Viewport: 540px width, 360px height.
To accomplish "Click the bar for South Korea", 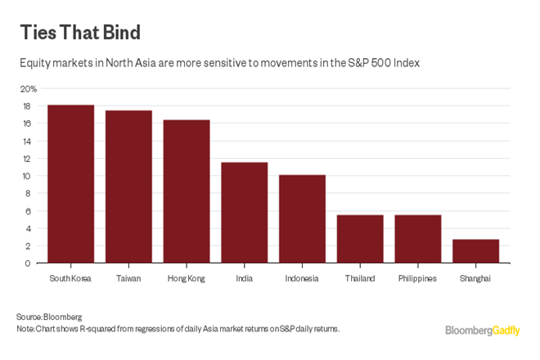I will click(x=70, y=184).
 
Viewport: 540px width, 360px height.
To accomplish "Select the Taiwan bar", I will click(x=128, y=187).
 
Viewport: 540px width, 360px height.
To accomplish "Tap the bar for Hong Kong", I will click(x=187, y=191).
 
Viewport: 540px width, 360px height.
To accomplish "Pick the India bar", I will click(x=245, y=213).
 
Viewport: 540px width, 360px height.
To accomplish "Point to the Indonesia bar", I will click(x=302, y=218).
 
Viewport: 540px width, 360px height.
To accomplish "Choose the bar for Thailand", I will click(x=360, y=239).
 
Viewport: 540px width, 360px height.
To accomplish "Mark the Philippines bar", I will click(x=418, y=239).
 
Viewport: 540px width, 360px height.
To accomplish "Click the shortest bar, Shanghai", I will click(x=475, y=251).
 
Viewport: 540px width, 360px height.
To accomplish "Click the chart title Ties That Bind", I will click(x=80, y=33).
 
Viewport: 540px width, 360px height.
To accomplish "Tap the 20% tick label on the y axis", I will click(x=29, y=88).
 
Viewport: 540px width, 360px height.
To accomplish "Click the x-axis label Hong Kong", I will click(x=187, y=278).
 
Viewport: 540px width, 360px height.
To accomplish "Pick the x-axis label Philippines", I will click(x=417, y=278).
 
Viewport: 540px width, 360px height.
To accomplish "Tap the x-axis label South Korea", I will click(x=70, y=278).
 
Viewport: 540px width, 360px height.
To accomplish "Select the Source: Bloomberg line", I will click(x=49, y=317).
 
